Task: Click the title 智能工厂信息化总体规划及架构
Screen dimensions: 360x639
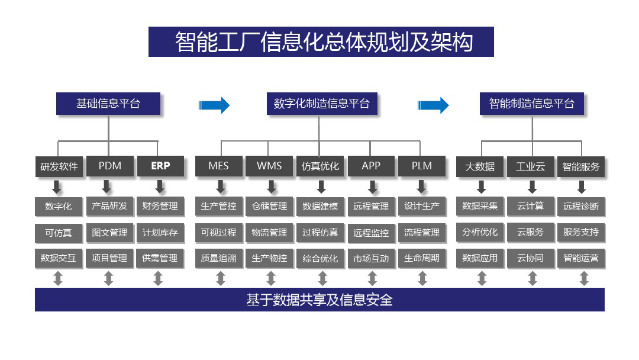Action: [321, 42]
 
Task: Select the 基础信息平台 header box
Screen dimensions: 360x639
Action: [108, 104]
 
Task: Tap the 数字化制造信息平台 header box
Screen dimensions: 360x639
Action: [321, 104]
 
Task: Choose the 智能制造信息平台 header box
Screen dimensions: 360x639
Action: [531, 104]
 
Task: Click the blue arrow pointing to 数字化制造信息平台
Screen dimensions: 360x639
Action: [214, 105]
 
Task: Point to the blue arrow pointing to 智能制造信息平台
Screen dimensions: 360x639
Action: [433, 105]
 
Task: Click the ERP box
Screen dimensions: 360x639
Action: [160, 166]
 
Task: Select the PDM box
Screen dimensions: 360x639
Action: [109, 166]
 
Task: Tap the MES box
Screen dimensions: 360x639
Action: [218, 166]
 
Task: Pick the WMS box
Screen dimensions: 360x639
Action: [269, 166]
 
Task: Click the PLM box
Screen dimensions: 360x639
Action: [421, 166]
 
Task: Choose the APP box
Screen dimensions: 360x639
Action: [371, 166]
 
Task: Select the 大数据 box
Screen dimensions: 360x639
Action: [480, 166]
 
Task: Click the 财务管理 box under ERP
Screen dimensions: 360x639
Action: [160, 206]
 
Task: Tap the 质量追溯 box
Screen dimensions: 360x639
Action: [218, 258]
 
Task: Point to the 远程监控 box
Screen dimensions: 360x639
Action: [371, 233]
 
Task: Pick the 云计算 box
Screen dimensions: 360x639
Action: [530, 206]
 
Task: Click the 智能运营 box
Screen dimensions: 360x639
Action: [581, 258]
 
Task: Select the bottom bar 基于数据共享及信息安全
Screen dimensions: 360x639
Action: [319, 300]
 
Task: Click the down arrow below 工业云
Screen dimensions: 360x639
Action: [532, 187]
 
